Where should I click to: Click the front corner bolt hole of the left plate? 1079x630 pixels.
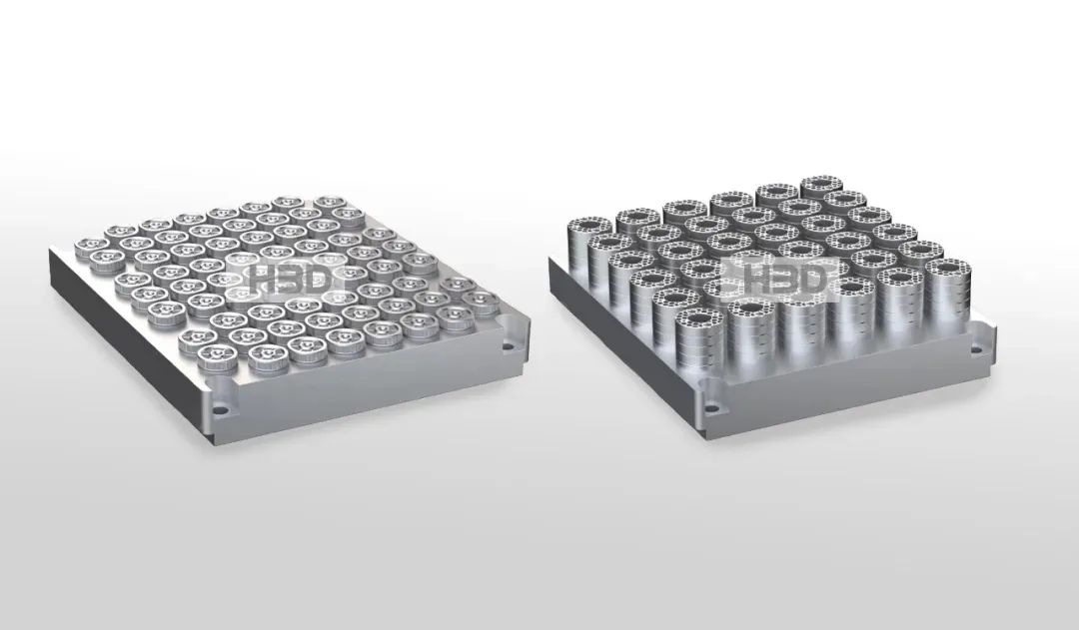point(220,410)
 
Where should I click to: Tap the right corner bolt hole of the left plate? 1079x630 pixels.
point(509,346)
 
